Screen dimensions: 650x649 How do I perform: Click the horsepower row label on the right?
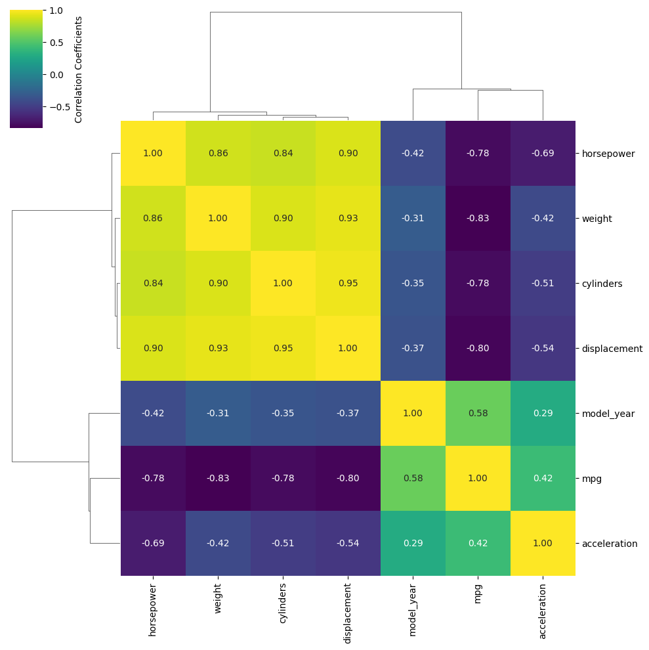pos(608,154)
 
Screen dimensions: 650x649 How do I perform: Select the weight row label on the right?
pos(597,219)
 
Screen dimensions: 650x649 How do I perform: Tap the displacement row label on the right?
pos(612,349)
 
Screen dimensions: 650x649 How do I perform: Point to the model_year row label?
pos(608,414)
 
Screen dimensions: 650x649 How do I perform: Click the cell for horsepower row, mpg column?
pos(478,154)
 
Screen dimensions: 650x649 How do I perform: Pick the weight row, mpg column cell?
pos(478,219)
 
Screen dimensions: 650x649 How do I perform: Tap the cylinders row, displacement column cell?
pos(348,284)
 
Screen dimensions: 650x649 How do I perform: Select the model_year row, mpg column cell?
pos(478,414)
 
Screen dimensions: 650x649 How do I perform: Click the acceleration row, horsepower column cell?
pos(153,544)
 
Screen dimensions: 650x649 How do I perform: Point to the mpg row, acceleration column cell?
pos(543,479)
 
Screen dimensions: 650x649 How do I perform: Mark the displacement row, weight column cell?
pos(218,349)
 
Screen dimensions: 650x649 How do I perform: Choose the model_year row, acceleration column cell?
pos(543,414)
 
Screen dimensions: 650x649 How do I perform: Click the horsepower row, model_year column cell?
pos(413,154)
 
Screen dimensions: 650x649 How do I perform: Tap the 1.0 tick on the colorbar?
pos(56,11)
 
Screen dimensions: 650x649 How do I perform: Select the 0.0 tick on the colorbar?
pos(56,75)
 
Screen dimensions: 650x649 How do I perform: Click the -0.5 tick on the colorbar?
pos(58,107)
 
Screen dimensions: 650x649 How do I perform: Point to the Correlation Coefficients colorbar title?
pos(79,69)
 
